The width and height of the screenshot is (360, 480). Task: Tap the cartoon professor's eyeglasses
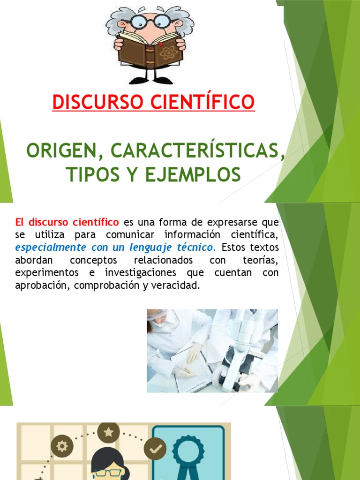click(x=150, y=21)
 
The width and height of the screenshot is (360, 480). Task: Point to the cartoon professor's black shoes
click(x=150, y=80)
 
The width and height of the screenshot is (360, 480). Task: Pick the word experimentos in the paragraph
click(x=46, y=272)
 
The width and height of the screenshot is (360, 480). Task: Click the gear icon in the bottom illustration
click(x=61, y=446)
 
